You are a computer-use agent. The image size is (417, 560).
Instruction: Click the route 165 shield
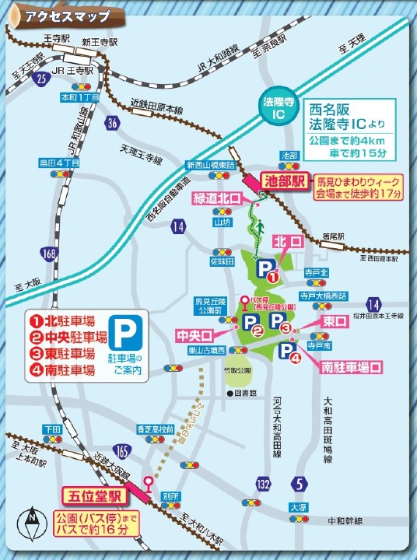point(122,450)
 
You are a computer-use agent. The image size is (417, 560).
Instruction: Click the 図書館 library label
point(243,393)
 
